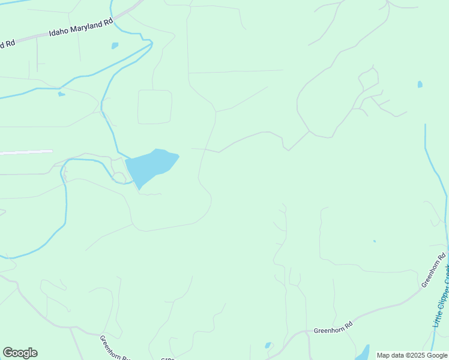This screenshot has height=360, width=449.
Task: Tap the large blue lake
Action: (x=151, y=166)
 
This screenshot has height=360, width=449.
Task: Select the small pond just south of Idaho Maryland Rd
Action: (x=115, y=45)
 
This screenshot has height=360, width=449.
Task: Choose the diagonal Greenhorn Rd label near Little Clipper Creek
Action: (x=434, y=271)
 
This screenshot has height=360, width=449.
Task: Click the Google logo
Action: (x=20, y=353)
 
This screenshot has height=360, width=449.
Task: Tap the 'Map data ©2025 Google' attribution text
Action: (x=412, y=355)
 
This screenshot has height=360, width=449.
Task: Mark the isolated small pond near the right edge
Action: (x=420, y=84)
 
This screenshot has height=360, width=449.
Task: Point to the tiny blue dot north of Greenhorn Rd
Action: (x=374, y=241)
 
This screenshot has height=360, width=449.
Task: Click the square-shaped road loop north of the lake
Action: (x=155, y=107)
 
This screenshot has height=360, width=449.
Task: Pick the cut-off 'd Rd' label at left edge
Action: (x=7, y=44)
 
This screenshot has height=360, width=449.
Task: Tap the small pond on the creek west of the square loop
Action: (x=61, y=94)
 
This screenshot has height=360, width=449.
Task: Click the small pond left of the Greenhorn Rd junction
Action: (x=268, y=345)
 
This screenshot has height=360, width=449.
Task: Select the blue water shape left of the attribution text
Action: (x=363, y=353)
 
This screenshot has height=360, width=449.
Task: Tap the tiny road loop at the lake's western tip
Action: (x=119, y=177)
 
